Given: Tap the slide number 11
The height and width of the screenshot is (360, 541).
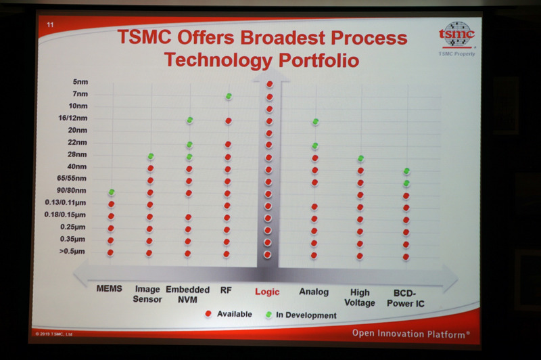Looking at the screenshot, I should [50, 26].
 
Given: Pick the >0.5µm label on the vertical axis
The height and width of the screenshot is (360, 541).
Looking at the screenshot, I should [72, 252].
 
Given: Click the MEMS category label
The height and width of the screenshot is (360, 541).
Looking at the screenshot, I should [109, 289].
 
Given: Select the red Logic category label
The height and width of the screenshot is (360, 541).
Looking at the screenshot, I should [266, 292].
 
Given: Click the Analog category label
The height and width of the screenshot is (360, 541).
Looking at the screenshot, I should [314, 292].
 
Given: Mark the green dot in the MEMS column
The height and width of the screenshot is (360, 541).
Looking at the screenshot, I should [111, 192].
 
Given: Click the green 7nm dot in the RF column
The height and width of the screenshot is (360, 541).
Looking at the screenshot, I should [229, 97].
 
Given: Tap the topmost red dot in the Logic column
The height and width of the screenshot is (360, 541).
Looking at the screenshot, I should [270, 84].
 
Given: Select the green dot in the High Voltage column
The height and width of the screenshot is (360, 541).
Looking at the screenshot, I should [360, 158].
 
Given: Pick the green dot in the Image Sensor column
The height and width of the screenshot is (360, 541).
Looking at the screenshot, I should [150, 156].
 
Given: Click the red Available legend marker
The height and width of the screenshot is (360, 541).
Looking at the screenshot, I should [208, 314].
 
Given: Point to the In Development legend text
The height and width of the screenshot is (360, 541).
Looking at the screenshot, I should [306, 315].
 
